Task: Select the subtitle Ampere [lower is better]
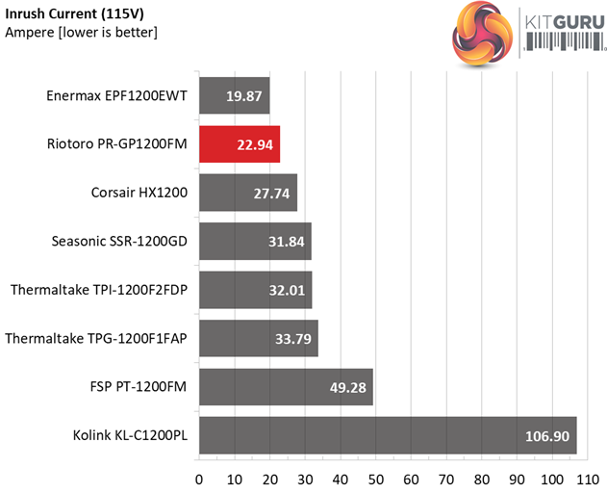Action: [x=82, y=32]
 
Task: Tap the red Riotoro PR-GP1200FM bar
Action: [x=240, y=145]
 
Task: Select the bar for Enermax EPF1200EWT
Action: [x=234, y=96]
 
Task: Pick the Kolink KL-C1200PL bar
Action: [x=388, y=436]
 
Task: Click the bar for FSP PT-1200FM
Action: [x=286, y=387]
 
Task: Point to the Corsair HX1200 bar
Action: [x=248, y=194]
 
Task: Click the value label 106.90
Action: [x=545, y=436]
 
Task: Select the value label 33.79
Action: [x=291, y=339]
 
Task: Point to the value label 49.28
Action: [x=346, y=387]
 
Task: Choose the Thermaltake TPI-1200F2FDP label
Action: [x=98, y=290]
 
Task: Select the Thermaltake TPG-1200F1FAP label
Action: [x=96, y=339]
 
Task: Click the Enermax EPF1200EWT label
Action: [x=115, y=96]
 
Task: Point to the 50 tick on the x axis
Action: [x=376, y=479]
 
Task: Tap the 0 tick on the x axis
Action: [x=199, y=479]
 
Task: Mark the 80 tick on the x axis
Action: [x=483, y=479]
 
